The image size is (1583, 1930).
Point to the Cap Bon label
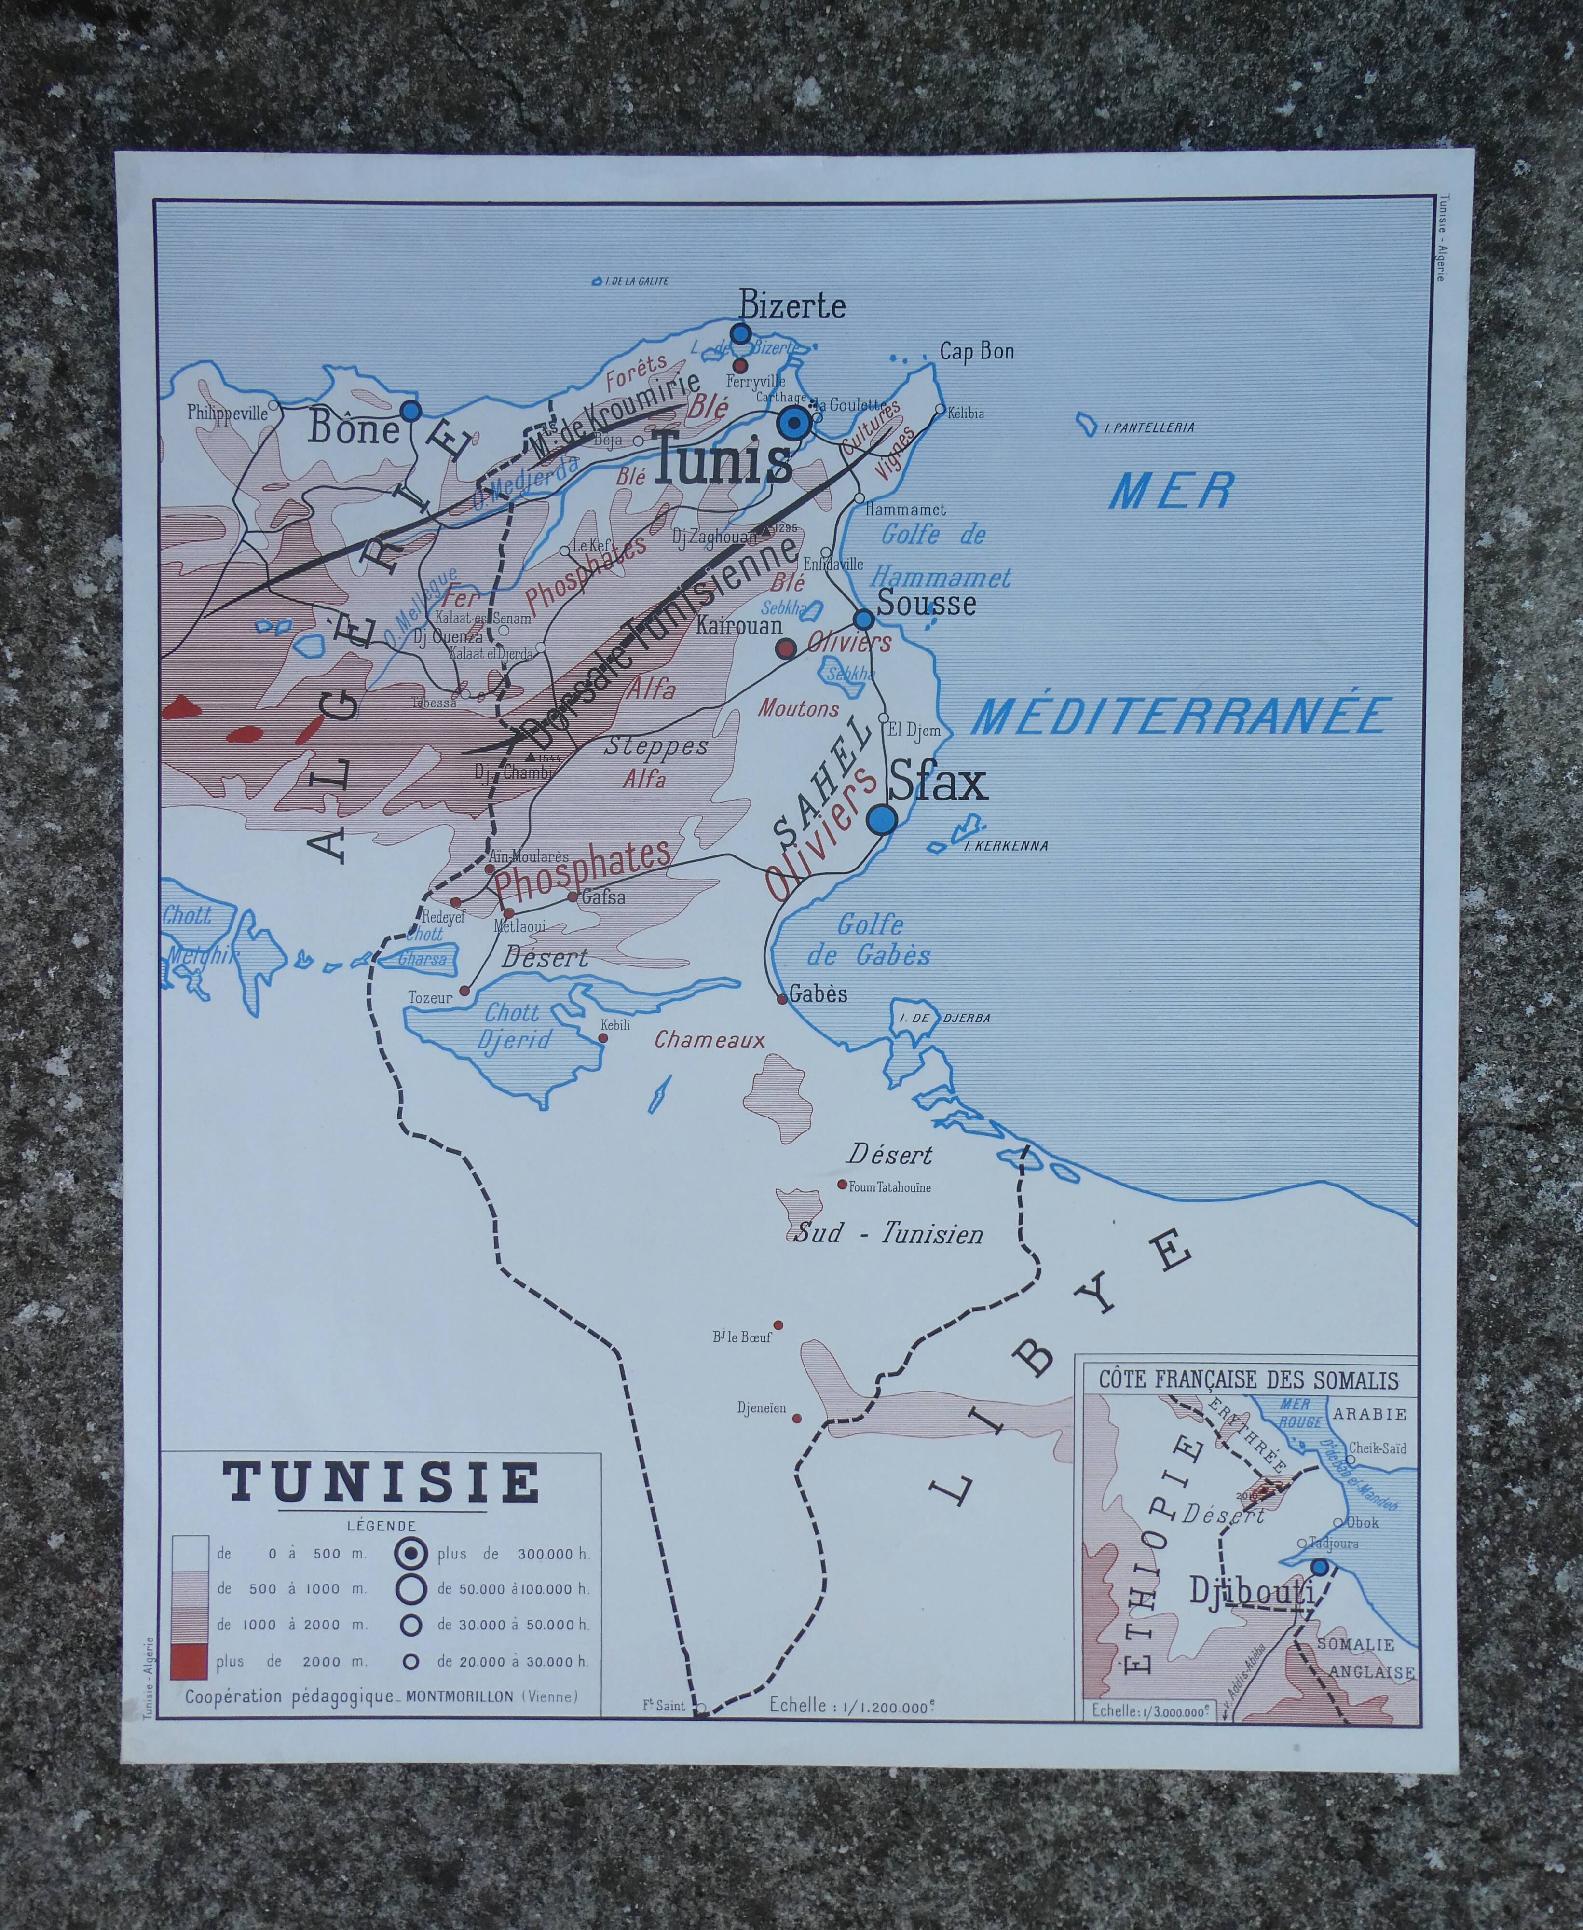pos(977,351)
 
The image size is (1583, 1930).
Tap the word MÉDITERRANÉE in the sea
pos(1181,716)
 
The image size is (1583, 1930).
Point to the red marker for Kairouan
pos(784,648)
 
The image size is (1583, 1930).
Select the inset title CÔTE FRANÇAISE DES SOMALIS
pos(1247,1380)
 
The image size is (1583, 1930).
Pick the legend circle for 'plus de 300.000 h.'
pos(412,1552)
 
